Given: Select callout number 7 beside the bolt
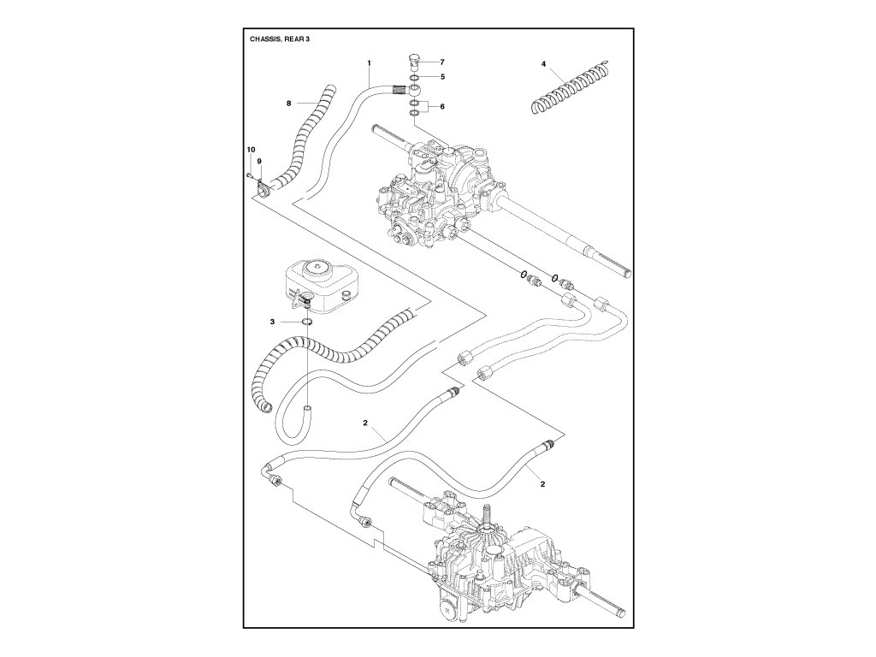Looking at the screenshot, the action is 442,62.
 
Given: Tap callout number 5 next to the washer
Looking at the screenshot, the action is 442,77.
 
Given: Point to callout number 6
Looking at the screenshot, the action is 442,106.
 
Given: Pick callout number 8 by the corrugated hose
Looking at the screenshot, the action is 289,103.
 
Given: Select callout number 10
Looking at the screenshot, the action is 251,151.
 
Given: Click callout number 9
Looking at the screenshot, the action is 258,161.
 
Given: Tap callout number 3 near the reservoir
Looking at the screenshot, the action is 272,322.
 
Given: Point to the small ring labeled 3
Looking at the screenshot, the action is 305,323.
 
